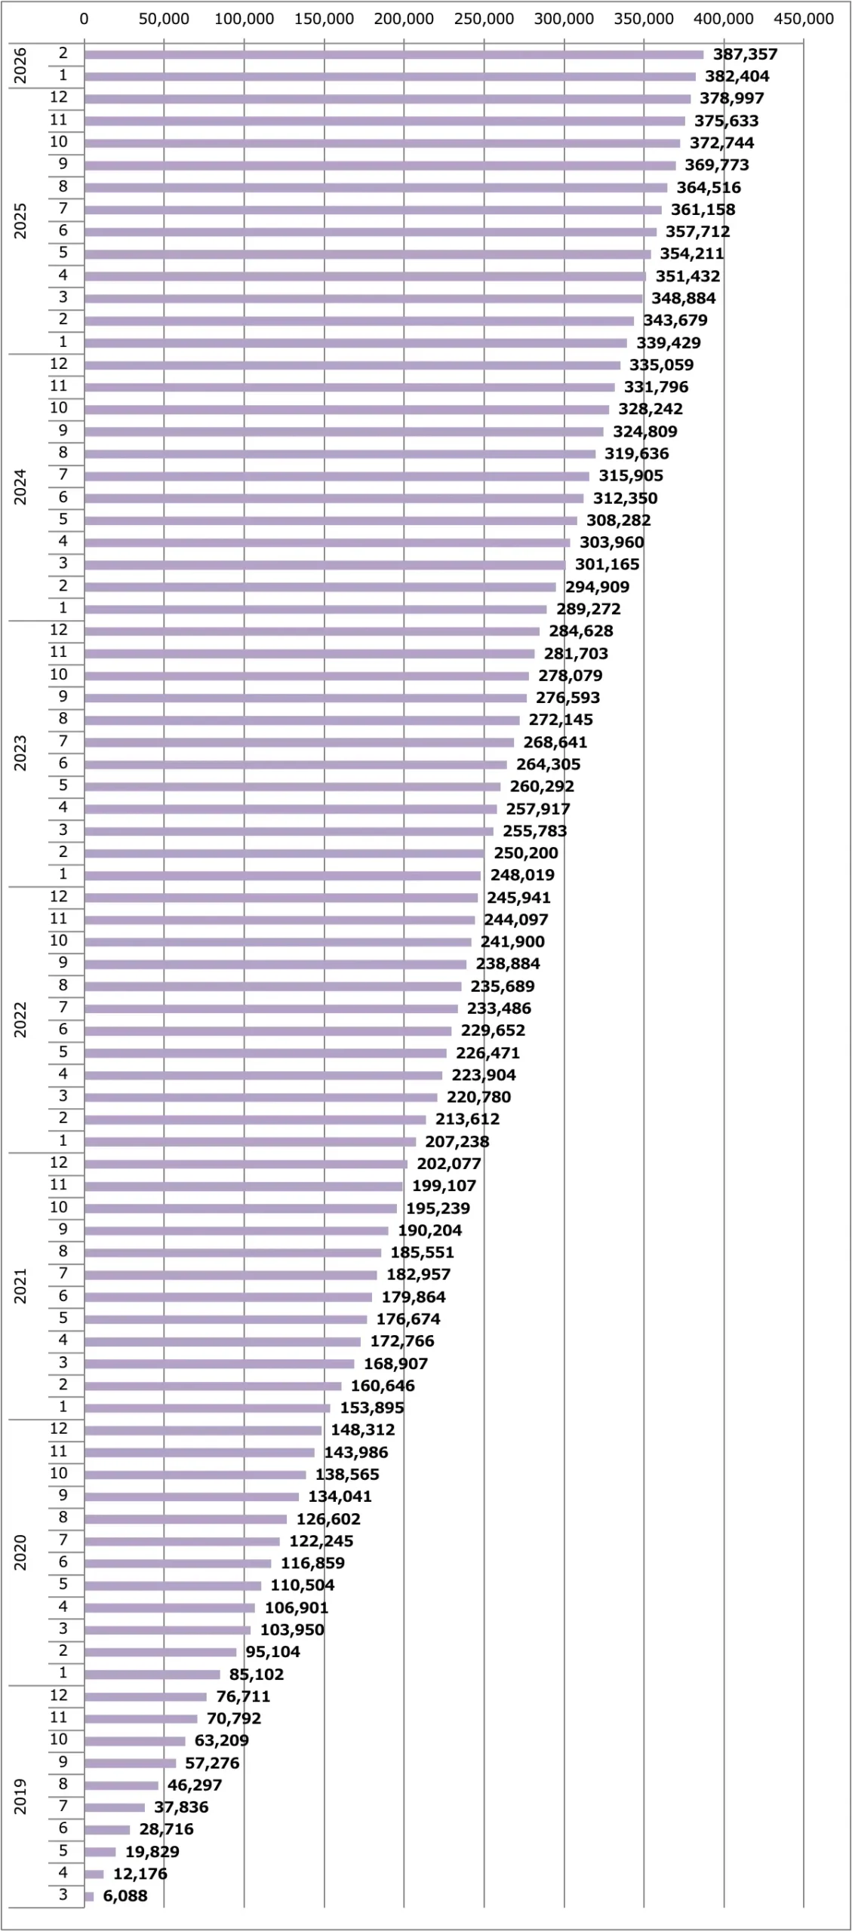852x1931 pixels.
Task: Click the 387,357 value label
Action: (745, 54)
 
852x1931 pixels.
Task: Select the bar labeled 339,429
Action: (355, 343)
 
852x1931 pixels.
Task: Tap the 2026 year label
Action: (20, 66)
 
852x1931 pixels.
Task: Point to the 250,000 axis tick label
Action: (484, 20)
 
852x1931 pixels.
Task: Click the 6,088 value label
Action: (125, 1896)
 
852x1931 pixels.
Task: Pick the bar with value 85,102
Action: (152, 1675)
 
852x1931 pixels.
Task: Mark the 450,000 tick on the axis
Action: (804, 20)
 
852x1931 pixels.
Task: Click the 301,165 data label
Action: (607, 564)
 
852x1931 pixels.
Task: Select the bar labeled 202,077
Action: (245, 1164)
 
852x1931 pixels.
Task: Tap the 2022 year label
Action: (20, 1020)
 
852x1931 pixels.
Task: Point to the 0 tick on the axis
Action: (84, 20)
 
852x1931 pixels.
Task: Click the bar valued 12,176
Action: (94, 1874)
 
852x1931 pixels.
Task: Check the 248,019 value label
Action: (522, 875)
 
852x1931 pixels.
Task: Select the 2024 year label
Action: (20, 487)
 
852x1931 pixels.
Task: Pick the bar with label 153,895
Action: (207, 1408)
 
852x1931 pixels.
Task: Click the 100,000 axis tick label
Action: (244, 20)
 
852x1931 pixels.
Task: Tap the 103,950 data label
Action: (292, 1629)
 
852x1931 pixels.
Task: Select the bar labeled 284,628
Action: (312, 631)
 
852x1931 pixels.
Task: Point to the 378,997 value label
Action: (731, 98)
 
